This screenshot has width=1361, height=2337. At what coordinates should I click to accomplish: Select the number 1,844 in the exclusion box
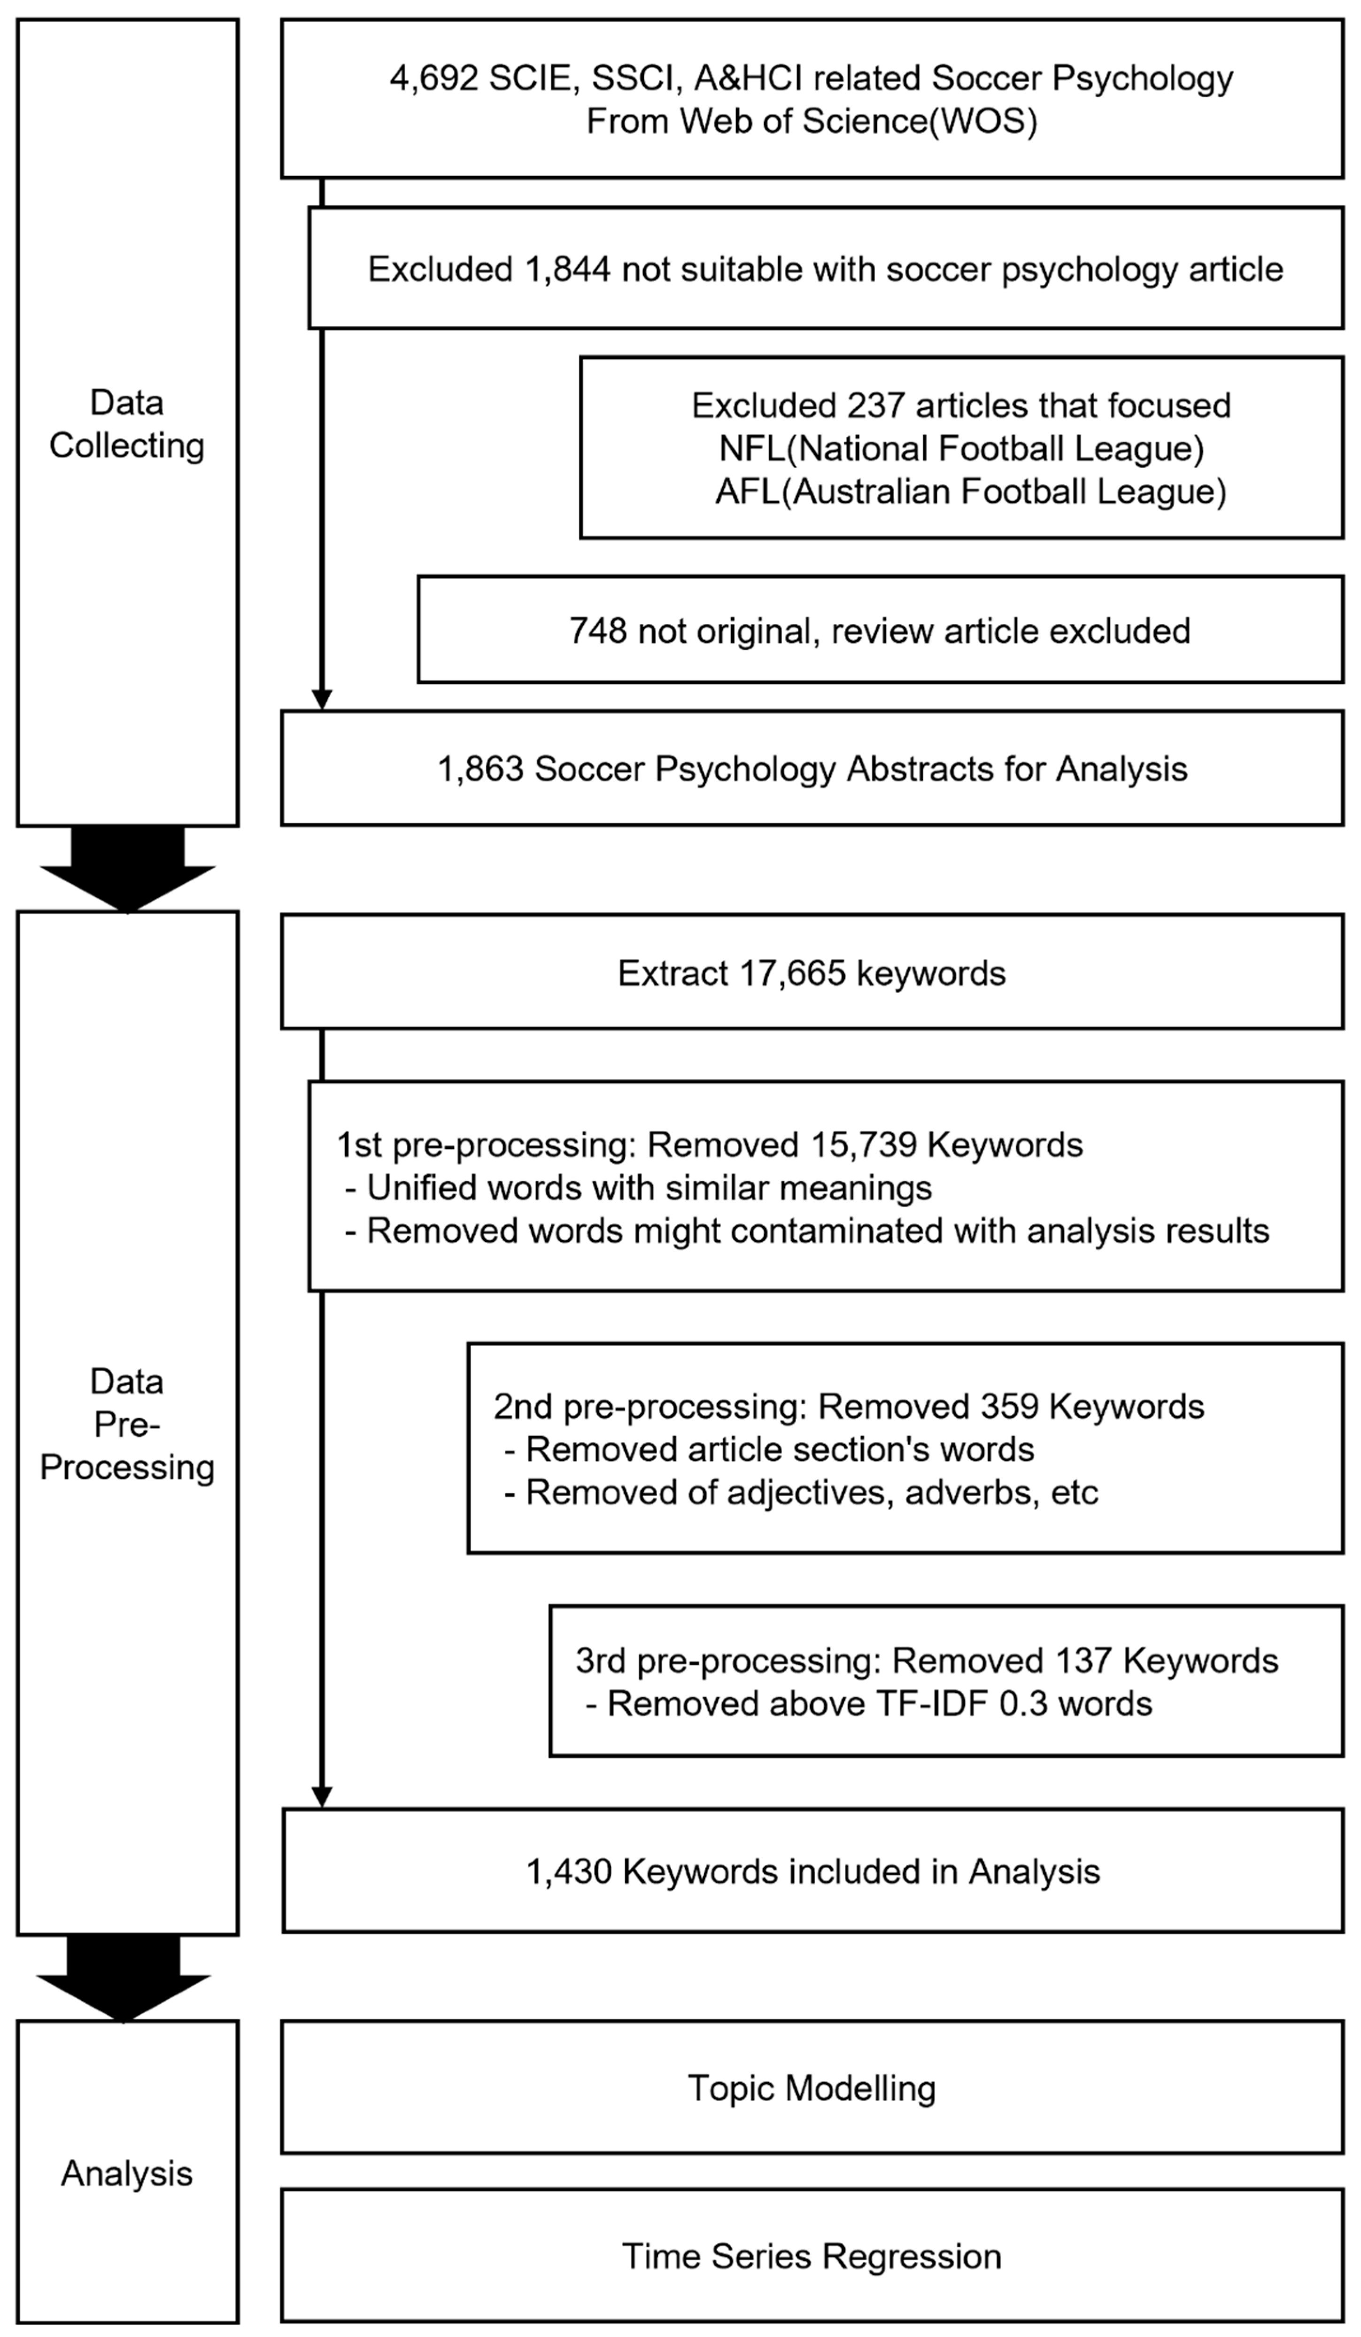[567, 269]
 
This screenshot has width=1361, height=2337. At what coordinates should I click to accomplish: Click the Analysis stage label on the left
[127, 2173]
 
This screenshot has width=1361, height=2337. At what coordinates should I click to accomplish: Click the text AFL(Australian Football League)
[970, 491]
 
